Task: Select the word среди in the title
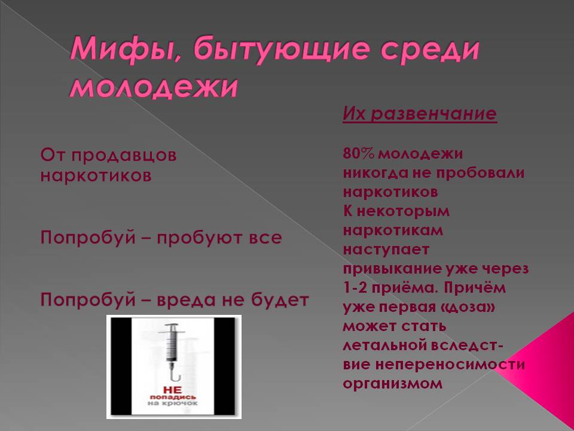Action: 429,50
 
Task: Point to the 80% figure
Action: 358,153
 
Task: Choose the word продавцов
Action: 124,156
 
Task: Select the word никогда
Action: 375,172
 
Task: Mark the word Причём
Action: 475,288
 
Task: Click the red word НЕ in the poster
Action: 172,391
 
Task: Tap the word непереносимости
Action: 450,365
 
